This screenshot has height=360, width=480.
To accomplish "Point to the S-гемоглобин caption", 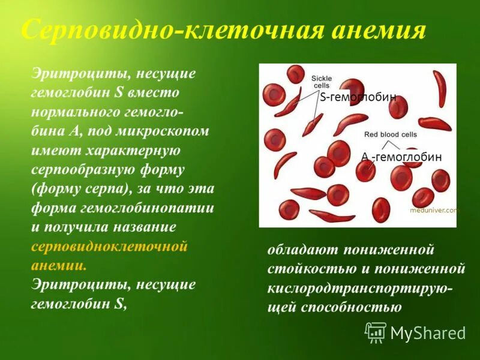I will (x=358, y=98).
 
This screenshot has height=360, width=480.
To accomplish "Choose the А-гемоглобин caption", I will (x=401, y=157).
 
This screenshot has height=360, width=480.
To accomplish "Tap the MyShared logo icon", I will (x=376, y=332).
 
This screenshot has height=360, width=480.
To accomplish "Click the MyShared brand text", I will (x=428, y=333).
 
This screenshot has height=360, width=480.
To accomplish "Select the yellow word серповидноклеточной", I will (x=109, y=247).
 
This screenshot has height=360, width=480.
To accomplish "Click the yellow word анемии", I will (x=58, y=265).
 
